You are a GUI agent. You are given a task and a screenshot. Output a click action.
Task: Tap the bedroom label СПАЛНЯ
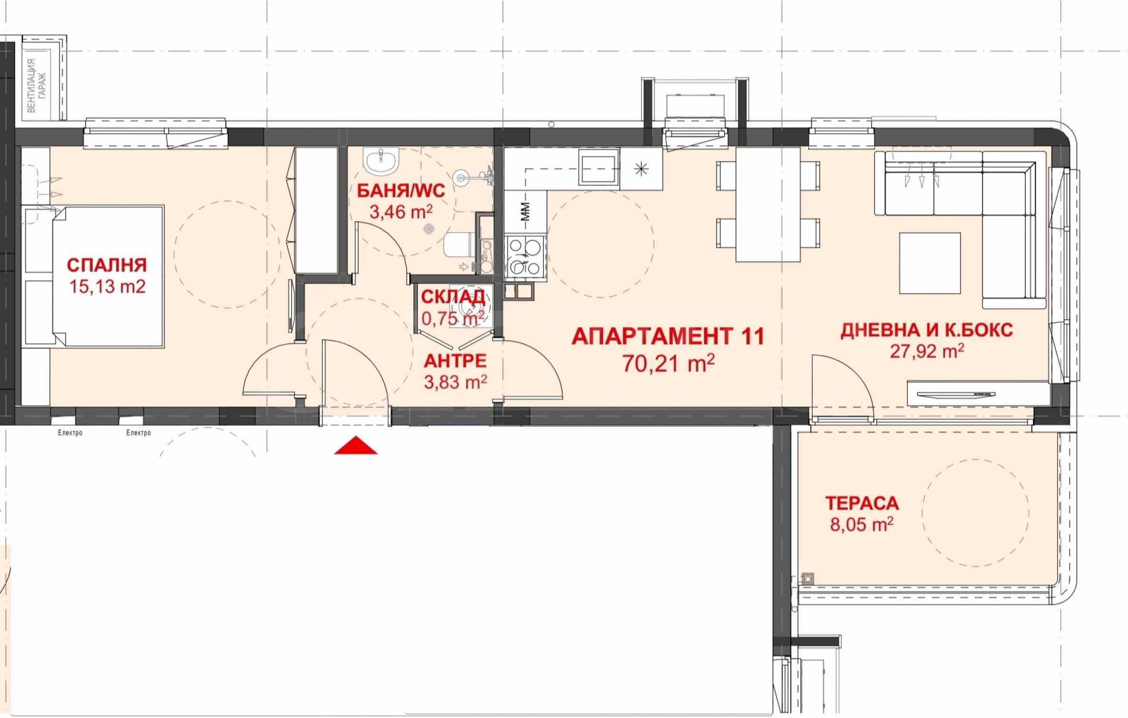click(x=107, y=265)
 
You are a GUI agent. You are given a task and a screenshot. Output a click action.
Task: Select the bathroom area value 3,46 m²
click(x=401, y=212)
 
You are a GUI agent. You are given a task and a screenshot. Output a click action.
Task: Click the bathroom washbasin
click(x=381, y=161)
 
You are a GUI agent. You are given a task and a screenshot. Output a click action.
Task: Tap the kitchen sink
click(x=599, y=166)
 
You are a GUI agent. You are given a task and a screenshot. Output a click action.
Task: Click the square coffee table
click(x=930, y=263)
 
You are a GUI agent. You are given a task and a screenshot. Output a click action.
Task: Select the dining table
click(x=768, y=204)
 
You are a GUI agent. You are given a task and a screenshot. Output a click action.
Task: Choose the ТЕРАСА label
click(x=862, y=503)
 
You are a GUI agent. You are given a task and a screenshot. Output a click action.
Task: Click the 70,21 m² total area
click(x=669, y=363)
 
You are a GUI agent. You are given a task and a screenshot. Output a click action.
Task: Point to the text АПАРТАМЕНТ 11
click(x=668, y=336)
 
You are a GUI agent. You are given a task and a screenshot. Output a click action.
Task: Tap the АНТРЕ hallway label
click(x=455, y=361)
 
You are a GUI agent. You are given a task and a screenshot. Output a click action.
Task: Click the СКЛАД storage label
click(x=453, y=297)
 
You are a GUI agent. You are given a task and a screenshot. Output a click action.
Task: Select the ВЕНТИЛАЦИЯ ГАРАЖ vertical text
click(x=37, y=86)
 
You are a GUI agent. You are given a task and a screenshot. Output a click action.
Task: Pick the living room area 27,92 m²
click(x=927, y=351)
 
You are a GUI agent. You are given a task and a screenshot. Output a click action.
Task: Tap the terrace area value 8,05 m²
click(x=861, y=524)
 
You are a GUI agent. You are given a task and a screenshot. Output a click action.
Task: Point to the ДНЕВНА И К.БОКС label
click(x=927, y=330)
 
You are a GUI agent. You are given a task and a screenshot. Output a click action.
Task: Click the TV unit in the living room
click(x=978, y=394)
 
